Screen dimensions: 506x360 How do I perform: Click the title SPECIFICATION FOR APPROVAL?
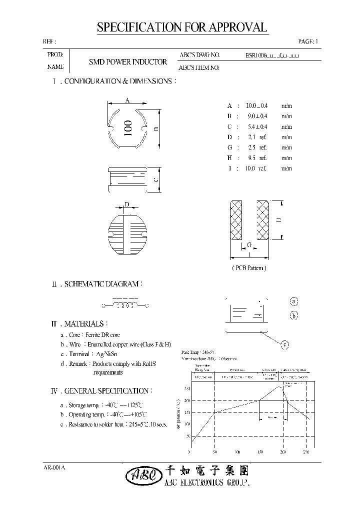tap(182, 27)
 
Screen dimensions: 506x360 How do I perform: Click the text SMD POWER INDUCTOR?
tap(127, 62)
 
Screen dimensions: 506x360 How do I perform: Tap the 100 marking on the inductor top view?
tap(127, 128)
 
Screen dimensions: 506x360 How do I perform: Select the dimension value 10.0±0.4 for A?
tap(257, 105)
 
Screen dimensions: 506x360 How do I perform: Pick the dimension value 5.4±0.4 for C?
tap(257, 126)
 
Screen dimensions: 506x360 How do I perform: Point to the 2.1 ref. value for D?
tap(257, 137)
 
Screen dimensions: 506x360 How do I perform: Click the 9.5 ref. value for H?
tap(257, 158)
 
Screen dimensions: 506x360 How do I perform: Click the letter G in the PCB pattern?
tap(248, 245)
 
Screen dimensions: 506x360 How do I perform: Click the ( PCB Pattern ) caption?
tap(249, 268)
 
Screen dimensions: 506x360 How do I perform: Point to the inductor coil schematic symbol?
tap(126, 305)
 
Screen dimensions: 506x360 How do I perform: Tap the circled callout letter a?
tap(294, 301)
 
